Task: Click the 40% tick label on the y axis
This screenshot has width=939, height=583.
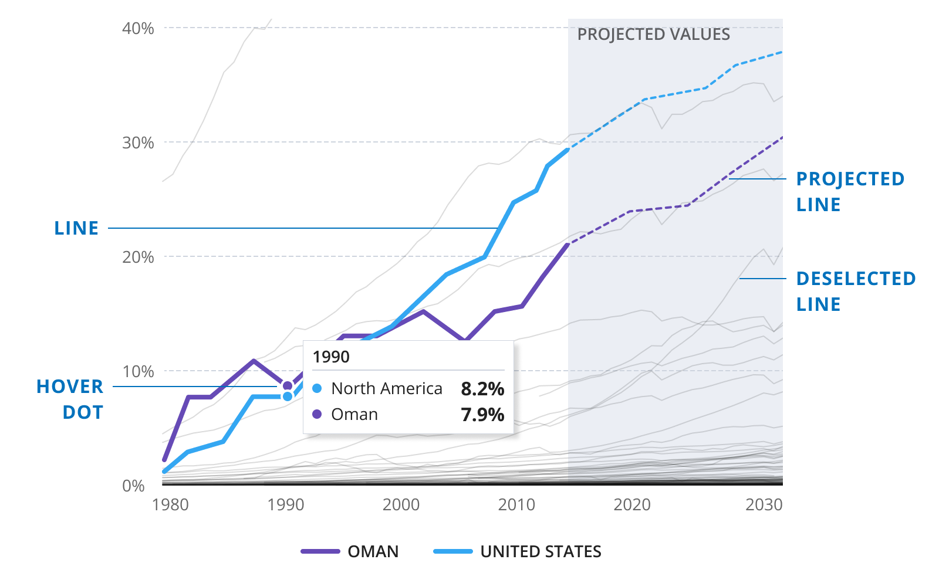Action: point(138,28)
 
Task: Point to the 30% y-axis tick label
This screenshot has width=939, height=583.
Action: point(138,143)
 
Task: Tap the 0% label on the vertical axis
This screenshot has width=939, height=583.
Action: point(133,486)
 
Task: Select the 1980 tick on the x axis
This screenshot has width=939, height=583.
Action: point(170,505)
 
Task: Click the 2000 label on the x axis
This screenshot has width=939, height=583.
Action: point(401,505)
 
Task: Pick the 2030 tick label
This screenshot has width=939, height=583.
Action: point(764,505)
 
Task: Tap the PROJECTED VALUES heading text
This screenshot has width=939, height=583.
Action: point(654,35)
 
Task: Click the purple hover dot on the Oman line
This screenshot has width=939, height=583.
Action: point(288,386)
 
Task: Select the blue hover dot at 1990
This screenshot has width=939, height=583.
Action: point(288,396)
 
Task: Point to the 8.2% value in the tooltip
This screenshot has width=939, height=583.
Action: point(482,389)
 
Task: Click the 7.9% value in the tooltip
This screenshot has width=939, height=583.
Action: point(482,415)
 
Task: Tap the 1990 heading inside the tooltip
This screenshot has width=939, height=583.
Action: point(331,357)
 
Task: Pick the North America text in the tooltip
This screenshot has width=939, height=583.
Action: point(387,388)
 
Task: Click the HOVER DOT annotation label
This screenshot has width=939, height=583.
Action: point(70,399)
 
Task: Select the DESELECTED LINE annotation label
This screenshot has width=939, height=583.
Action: point(856,291)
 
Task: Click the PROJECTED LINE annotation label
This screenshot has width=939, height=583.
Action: point(850,192)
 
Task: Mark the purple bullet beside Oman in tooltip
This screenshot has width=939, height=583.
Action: point(317,414)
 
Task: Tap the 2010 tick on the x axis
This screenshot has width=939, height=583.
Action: point(516,505)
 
